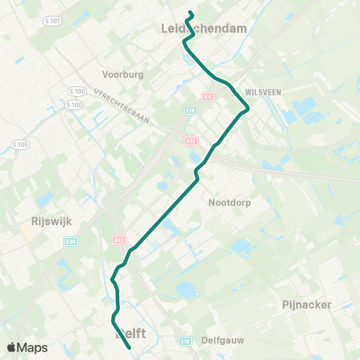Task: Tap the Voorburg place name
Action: [122, 75]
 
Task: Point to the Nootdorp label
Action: [229, 202]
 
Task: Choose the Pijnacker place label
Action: [307, 304]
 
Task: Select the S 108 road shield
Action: [74, 91]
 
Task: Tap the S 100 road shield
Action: [73, 104]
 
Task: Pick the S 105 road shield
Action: [19, 143]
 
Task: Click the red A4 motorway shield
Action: [208, 96]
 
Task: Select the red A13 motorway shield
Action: [119, 240]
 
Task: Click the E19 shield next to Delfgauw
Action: [186, 340]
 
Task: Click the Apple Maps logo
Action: [28, 347]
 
